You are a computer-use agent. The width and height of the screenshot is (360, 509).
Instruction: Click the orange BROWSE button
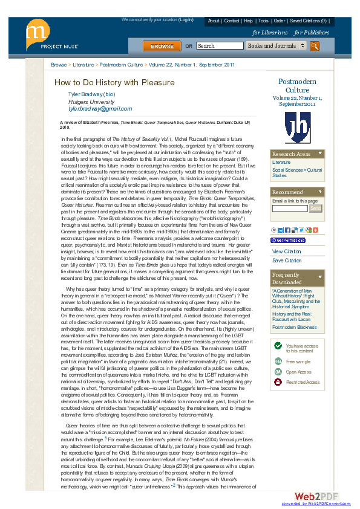(x=162, y=46)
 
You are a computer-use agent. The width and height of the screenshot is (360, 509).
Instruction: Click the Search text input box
(x=220, y=46)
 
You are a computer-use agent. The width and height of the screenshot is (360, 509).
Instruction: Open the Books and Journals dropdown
(x=276, y=46)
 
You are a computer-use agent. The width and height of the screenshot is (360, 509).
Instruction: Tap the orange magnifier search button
(x=314, y=46)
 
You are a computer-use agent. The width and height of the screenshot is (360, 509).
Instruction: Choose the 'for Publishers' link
(x=311, y=33)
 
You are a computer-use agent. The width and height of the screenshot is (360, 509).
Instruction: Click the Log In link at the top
(x=186, y=20)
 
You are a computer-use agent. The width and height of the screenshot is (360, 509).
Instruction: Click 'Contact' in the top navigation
(x=232, y=21)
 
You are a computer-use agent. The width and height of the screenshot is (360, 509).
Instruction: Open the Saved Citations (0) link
(x=308, y=21)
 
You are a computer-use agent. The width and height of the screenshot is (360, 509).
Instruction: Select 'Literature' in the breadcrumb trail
(x=83, y=64)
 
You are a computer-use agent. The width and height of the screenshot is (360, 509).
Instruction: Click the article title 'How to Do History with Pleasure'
(x=114, y=83)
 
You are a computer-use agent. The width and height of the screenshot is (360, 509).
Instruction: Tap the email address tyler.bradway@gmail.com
(x=100, y=109)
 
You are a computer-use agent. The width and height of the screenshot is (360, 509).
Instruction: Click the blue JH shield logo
(x=297, y=126)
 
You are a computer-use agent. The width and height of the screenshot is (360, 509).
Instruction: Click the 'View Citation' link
(x=286, y=251)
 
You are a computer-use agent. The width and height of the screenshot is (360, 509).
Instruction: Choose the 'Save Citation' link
(x=286, y=261)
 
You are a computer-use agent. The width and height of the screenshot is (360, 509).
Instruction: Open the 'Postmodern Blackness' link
(x=294, y=327)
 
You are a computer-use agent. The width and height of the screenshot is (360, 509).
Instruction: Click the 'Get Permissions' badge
(x=288, y=240)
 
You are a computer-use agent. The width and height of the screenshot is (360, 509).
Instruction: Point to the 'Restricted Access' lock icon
(x=278, y=382)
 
